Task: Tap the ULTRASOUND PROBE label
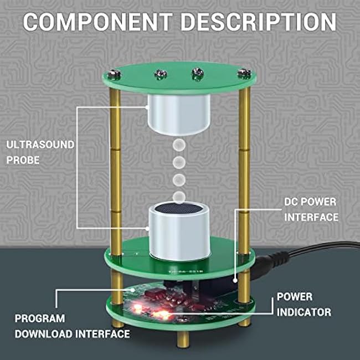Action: pyautogui.click(x=40, y=152)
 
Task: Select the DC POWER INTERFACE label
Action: pyautogui.click(x=311, y=209)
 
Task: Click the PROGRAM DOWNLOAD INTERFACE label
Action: pyautogui.click(x=72, y=326)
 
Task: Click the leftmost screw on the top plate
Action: pyautogui.click(x=113, y=74)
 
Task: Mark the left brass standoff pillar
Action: pyautogui.click(x=115, y=166)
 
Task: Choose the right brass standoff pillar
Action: pyautogui.click(x=244, y=166)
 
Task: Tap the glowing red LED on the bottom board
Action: pyautogui.click(x=162, y=315)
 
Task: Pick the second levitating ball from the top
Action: pyautogui.click(x=178, y=163)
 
